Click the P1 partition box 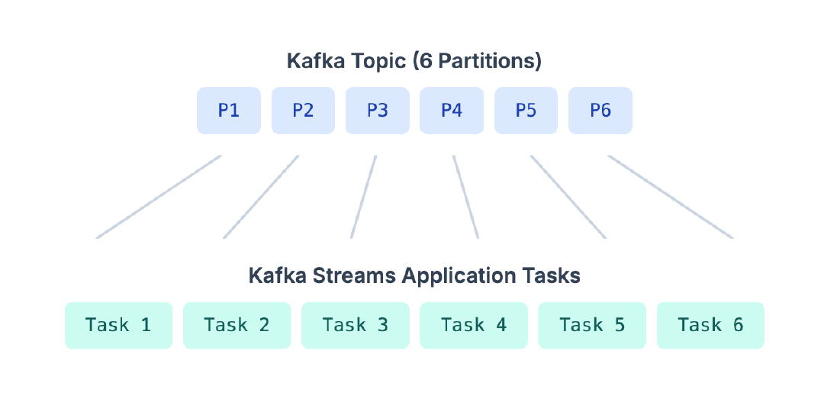point(229,111)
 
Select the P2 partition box point(303,111)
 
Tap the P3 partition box point(377,111)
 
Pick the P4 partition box point(452,111)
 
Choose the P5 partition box point(526,111)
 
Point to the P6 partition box point(600,111)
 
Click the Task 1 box point(118,326)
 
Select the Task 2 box point(237,326)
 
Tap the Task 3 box point(356,326)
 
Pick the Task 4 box point(474,326)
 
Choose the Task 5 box point(592,326)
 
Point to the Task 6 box point(710,326)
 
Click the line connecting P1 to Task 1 point(159,197)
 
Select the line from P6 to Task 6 point(671,197)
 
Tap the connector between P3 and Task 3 point(364,197)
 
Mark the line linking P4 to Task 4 point(465,197)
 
